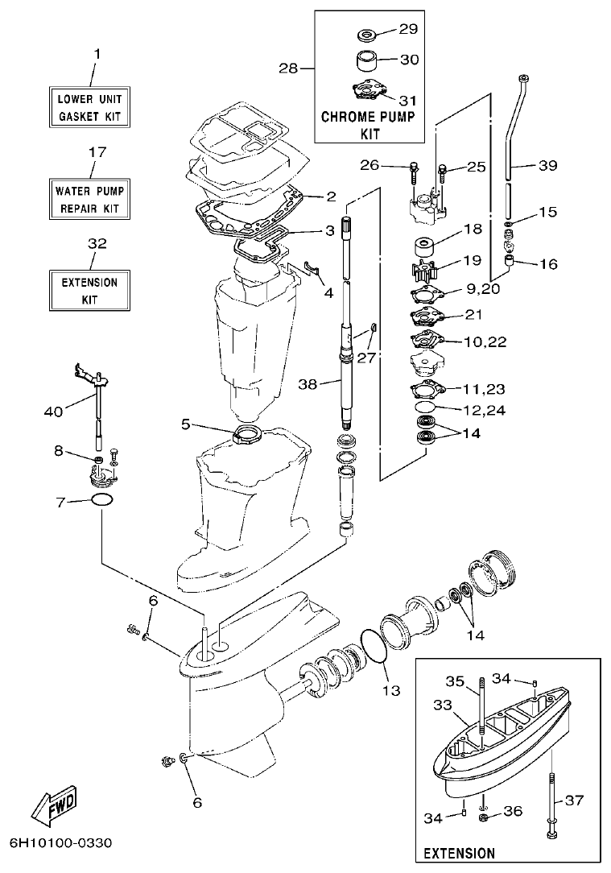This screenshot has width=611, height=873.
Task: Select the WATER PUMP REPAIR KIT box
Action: [x=91, y=200]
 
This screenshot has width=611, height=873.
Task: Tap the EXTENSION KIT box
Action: [x=89, y=291]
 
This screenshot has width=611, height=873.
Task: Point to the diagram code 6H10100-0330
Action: [x=60, y=843]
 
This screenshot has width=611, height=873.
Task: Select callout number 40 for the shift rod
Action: [x=52, y=412]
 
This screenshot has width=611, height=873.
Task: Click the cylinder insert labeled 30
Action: [x=367, y=61]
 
